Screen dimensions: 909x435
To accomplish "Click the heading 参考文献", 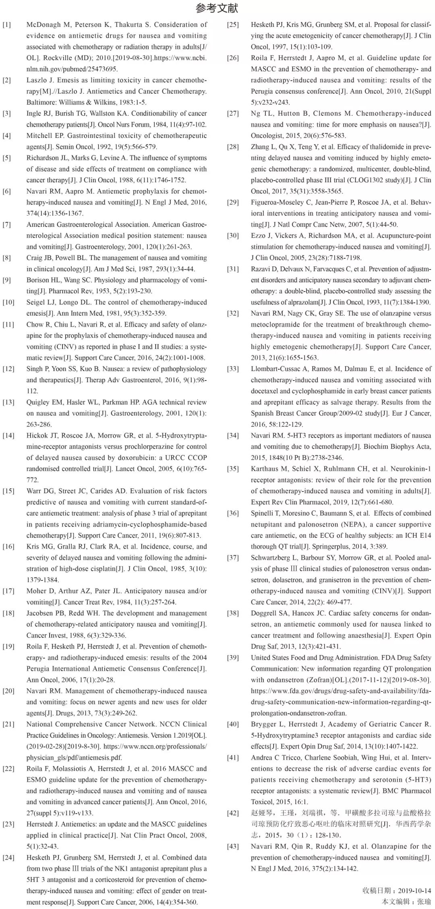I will [217, 8].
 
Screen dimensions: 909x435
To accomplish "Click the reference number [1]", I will [7, 25].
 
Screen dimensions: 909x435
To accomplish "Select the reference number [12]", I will [8, 369].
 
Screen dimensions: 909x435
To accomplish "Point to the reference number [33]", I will [233, 369].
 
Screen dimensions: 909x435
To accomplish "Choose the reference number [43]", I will [233, 846].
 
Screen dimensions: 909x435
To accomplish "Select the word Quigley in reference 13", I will [38, 402].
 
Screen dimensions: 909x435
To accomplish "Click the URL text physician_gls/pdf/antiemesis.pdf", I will [74, 758].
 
